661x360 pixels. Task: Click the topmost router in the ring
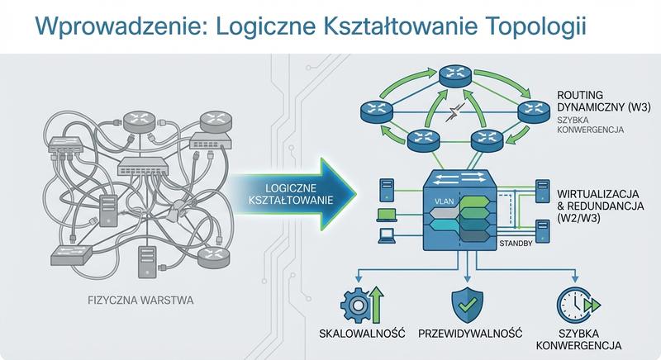coord(453,76)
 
